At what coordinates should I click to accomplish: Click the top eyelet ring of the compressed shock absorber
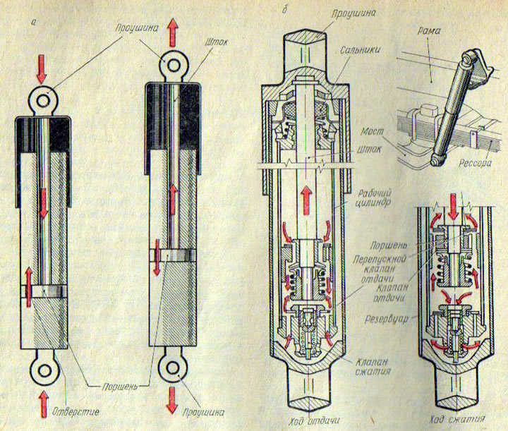[x=43, y=102]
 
